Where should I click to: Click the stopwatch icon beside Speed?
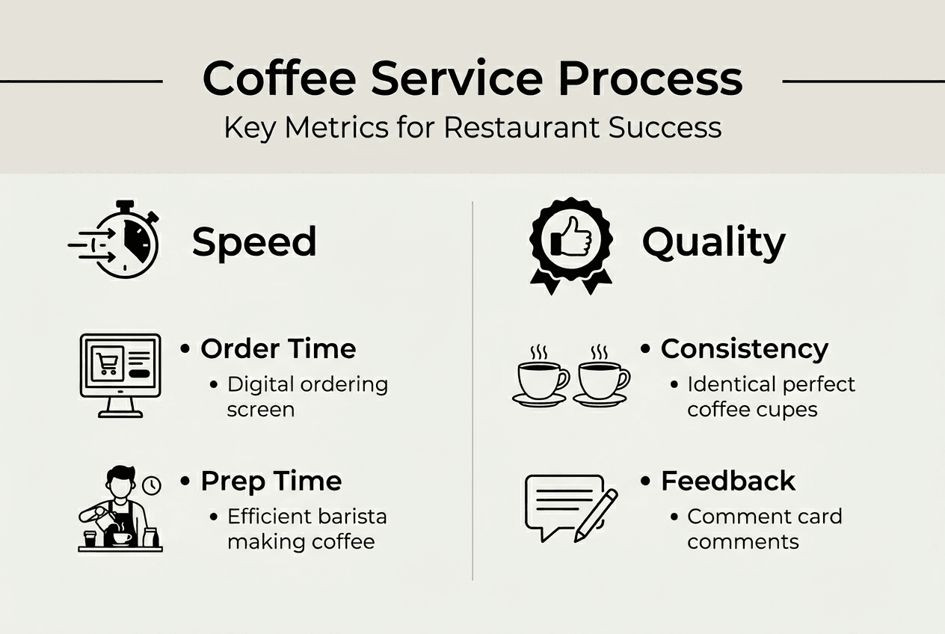pos(123,241)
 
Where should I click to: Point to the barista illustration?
pos(119,508)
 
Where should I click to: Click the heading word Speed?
pos(254,242)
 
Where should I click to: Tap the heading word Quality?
pos(713,242)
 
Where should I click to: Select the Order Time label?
pos(278,348)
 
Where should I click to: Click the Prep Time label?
pos(271,481)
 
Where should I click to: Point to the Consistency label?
pos(744,348)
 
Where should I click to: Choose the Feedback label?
pos(728,481)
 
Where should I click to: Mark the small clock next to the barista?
pos(152,485)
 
